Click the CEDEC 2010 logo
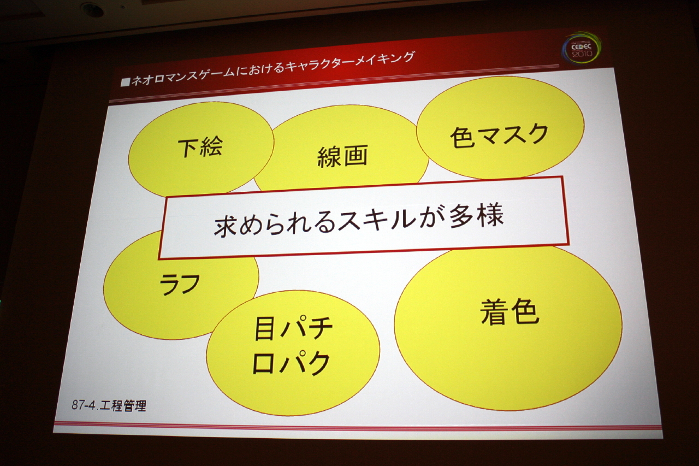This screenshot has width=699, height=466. (582, 50)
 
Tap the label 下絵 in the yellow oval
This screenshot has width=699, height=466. (200, 147)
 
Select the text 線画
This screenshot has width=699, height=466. (342, 156)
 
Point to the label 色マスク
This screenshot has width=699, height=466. (499, 136)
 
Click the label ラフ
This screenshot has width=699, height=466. (180, 284)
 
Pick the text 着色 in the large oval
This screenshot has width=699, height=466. (510, 312)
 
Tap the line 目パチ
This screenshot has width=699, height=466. (294, 329)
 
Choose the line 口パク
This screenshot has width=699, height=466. (291, 363)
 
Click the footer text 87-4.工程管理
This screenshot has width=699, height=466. (109, 405)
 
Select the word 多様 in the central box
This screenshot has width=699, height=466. (477, 216)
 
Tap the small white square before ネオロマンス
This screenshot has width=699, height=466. (126, 82)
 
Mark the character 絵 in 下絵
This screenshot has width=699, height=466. (211, 147)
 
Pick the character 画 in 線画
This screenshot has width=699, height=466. (356, 156)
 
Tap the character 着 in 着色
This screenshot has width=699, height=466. (494, 312)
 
